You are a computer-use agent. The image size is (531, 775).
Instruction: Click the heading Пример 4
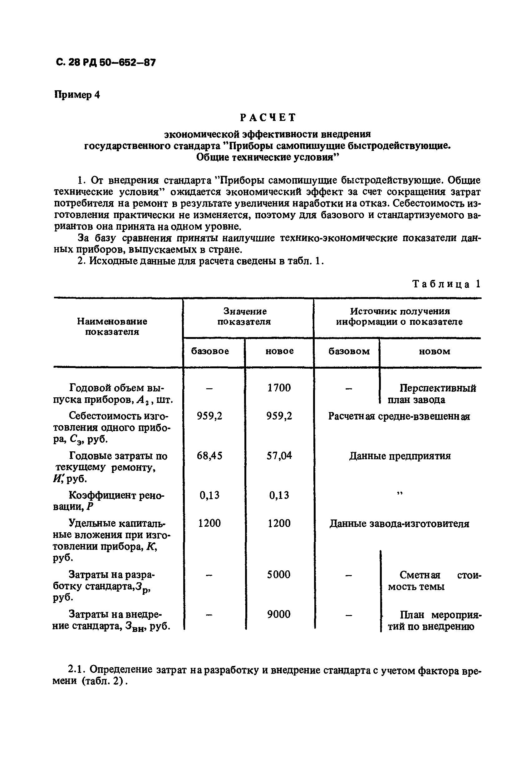coord(77,95)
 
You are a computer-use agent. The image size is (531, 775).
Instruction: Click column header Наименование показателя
coord(112,326)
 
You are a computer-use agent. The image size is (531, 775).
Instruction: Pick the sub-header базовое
coord(210,351)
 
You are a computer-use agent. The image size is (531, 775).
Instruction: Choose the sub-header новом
coord(434,351)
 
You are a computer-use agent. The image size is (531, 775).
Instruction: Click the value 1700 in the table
coord(279,388)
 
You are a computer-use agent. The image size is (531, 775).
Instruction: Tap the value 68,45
coord(209,455)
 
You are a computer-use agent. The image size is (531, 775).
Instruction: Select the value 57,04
coord(279,455)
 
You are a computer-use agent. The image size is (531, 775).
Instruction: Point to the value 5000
coord(279,574)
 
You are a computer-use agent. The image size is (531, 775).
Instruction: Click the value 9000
coord(279,614)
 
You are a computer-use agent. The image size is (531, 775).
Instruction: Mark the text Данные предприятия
coord(400,456)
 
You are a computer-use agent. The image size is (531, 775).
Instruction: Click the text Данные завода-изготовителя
coord(399,524)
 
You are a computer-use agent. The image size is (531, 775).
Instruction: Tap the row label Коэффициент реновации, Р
coord(110,501)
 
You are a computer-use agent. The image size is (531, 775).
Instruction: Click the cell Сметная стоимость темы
coord(433,581)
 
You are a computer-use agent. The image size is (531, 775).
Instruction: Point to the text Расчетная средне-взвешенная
coord(399,416)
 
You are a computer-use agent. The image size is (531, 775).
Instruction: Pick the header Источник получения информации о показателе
coord(399,316)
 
